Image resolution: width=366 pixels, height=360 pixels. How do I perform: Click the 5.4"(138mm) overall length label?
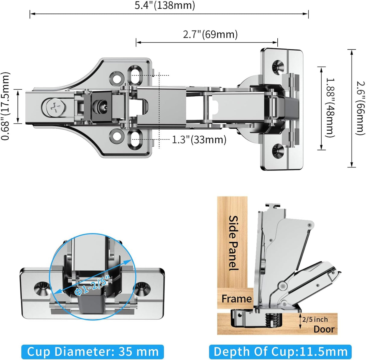165,5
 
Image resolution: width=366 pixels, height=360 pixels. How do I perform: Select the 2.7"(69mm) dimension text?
210,34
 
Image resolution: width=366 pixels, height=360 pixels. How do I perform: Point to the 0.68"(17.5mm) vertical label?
5,106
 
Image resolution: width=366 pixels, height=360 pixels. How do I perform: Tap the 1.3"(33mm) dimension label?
199,140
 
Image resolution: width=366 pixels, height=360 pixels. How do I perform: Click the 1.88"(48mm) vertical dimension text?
330,108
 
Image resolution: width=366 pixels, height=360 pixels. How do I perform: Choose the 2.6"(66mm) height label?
361,108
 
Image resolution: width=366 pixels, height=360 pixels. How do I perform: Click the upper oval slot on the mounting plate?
135,75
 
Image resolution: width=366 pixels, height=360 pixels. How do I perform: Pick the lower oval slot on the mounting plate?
135,139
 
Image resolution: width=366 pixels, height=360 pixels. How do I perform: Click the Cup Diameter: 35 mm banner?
93,352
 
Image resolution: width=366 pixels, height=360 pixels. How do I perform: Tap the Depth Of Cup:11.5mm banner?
280,352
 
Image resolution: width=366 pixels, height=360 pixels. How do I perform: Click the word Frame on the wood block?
236,299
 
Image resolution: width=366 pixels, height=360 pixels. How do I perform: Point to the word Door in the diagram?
324,329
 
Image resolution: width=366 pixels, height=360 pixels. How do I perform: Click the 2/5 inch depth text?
315,319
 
